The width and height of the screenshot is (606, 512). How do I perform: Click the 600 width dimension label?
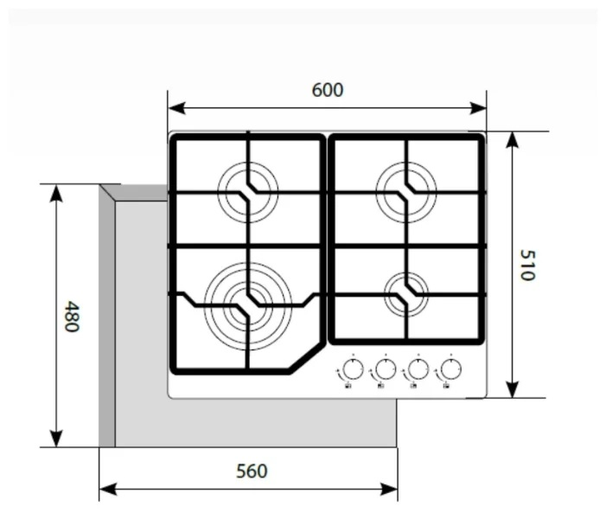[x=328, y=90]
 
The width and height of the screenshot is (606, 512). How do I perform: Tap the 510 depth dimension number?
[x=526, y=265]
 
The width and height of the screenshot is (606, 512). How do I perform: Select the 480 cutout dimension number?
[x=72, y=317]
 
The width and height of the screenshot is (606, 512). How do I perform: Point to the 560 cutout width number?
[x=252, y=471]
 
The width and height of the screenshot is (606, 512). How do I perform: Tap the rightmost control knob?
[x=450, y=370]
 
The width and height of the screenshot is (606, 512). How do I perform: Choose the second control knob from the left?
[x=385, y=370]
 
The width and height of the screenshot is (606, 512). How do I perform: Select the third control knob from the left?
[x=418, y=370]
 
